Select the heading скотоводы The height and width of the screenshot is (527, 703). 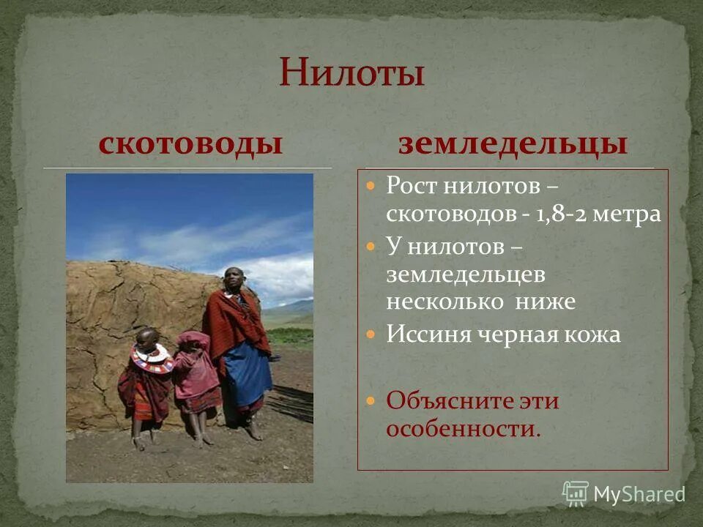(x=191, y=143)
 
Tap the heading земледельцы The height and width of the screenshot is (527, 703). (x=513, y=143)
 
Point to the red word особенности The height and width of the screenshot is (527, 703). (x=462, y=429)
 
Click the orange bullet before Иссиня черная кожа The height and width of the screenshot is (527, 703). (x=371, y=334)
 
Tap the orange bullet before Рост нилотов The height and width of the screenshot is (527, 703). (x=371, y=186)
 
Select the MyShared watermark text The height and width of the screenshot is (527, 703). (x=639, y=494)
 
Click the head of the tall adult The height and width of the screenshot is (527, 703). (x=234, y=280)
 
